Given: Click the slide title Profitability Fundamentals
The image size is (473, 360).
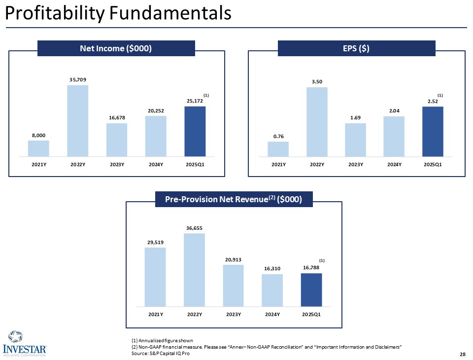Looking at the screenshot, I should click(x=118, y=13).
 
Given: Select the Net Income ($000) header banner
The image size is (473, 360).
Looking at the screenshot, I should click(x=116, y=48).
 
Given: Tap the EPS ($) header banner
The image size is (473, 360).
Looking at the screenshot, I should click(x=356, y=48).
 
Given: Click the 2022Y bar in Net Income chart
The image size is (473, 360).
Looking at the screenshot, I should click(x=77, y=120).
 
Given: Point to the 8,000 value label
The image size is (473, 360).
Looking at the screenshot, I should click(x=38, y=135).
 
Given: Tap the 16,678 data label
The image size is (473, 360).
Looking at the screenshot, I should click(x=116, y=118).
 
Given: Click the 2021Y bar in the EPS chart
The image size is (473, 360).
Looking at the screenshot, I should click(x=278, y=148).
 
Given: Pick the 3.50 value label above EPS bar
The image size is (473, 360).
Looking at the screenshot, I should click(x=317, y=81).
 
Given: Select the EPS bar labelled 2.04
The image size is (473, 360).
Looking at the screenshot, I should click(x=394, y=136).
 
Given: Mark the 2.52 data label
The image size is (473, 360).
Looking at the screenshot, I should click(x=433, y=101).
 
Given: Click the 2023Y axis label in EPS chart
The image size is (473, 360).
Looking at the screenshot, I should click(x=355, y=164).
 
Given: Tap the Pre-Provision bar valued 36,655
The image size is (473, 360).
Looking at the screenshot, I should click(x=194, y=269).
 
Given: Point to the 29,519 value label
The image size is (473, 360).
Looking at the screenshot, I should click(x=155, y=242).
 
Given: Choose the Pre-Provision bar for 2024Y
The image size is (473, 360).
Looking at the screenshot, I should click(x=272, y=289).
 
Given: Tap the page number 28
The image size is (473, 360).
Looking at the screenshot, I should click(x=462, y=354).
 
